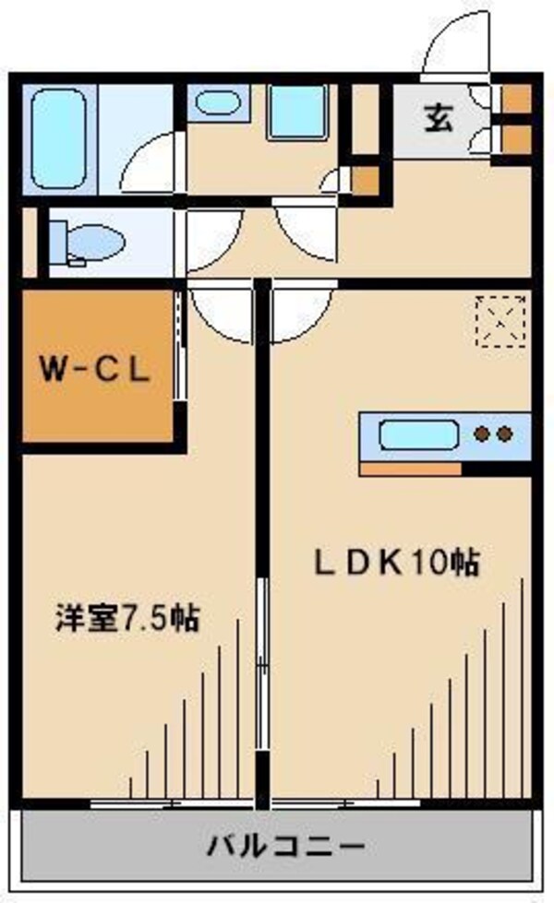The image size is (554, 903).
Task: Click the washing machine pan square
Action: (297, 113)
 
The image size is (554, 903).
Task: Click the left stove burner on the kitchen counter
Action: (482, 434)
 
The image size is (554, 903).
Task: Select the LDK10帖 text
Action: (398, 562)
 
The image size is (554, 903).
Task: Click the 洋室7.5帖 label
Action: (126, 617)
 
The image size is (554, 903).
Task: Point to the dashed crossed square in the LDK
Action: (500, 320)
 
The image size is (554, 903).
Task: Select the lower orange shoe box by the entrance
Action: (516, 139)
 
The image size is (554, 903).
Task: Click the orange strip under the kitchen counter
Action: (410, 469)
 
